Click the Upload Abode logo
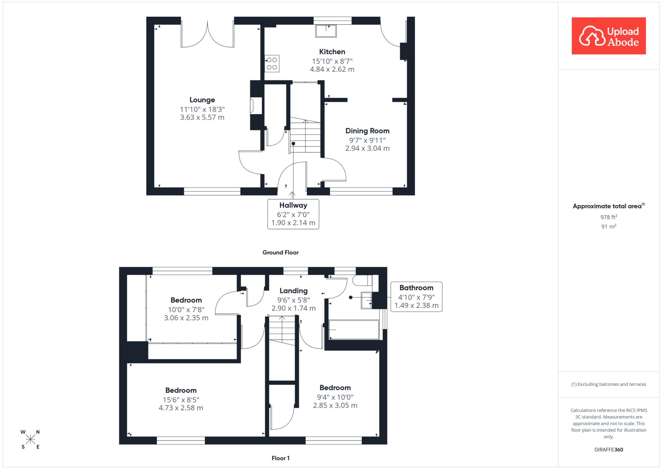(x=609, y=36)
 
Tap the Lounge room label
(x=202, y=100)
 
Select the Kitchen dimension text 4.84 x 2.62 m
(x=332, y=69)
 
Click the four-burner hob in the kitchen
(x=272, y=63)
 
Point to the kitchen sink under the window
(x=326, y=31)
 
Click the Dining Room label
(x=368, y=131)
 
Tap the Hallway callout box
(x=293, y=214)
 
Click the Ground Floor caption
(x=281, y=252)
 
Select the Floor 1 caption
(x=281, y=458)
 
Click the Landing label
(x=294, y=291)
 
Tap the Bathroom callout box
(x=416, y=297)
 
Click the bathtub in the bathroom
(x=354, y=330)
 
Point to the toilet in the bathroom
(x=362, y=280)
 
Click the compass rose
(x=30, y=439)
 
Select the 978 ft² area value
(x=609, y=217)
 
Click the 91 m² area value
(x=609, y=227)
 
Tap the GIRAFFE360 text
(x=609, y=450)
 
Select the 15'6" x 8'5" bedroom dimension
(x=181, y=400)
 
